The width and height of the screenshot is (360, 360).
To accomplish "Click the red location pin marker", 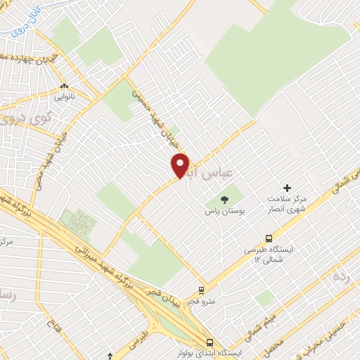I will point(181,166).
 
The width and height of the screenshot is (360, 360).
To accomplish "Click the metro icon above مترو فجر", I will point(202,289).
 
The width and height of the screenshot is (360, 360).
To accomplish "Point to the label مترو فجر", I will point(201,301).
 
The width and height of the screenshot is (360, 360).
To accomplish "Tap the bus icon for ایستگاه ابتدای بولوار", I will point(208,342).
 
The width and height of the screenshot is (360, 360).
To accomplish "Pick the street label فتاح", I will point(51,325).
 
